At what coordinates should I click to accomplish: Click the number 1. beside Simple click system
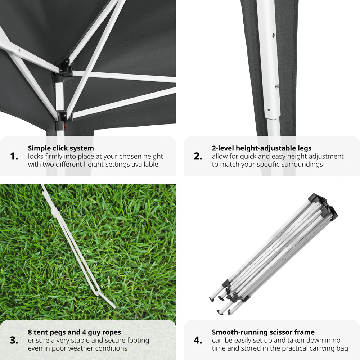pos(14,156)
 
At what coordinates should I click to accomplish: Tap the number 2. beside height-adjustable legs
pos(198,156)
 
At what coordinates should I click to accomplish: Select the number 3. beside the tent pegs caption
pos(14,340)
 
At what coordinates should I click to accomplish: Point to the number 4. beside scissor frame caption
pos(198,340)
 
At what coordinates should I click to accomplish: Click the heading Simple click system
pos(61,148)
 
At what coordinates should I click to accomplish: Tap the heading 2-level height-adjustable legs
pos(262,148)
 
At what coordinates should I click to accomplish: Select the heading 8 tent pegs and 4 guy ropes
pos(75,332)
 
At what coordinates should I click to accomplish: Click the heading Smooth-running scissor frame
pos(264,332)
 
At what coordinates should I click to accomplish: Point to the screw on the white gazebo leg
pos(277,86)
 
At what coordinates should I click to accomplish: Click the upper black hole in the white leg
pos(273,35)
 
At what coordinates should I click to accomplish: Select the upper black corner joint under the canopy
pos(63,67)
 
